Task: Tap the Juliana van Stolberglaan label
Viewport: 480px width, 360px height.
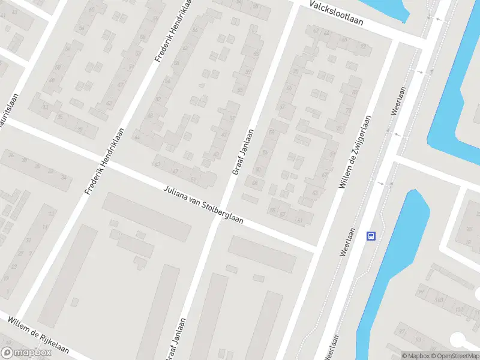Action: pyautogui.click(x=203, y=205)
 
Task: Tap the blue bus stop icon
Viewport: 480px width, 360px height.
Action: pyautogui.click(x=371, y=236)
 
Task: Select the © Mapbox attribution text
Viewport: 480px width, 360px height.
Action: pyautogui.click(x=415, y=356)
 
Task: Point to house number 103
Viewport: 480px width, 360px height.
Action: pyautogui.click(x=439, y=299)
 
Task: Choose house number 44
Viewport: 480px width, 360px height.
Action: pyautogui.click(x=137, y=137)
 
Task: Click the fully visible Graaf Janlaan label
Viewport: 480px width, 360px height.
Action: pyautogui.click(x=242, y=152)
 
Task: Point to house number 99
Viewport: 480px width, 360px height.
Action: pyautogui.click(x=420, y=292)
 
